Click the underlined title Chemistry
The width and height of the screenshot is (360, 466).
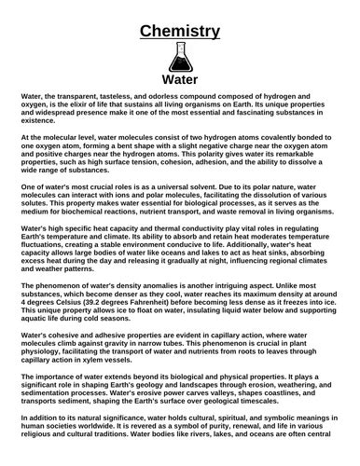click(180, 32)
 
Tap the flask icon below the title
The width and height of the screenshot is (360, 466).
click(180, 57)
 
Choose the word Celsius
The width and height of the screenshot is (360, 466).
click(69, 292)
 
